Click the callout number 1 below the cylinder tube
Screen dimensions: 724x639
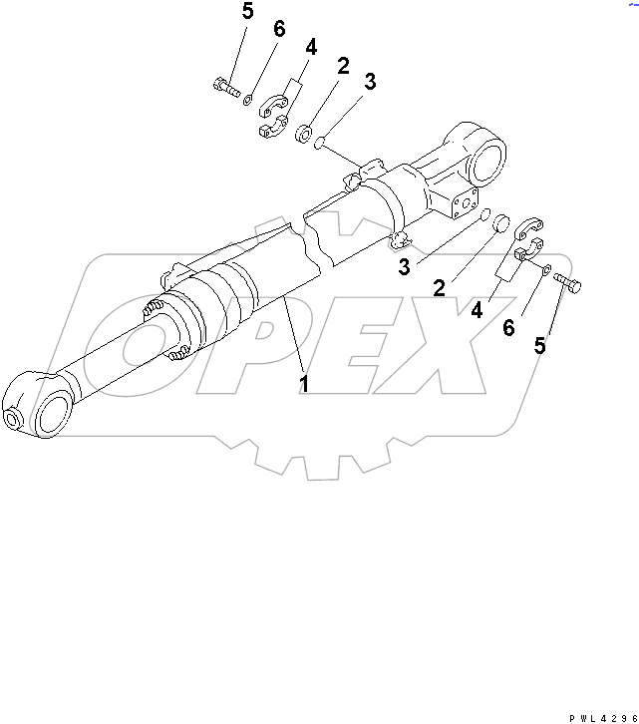pos(304,383)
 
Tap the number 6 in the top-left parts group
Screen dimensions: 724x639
pos(279,29)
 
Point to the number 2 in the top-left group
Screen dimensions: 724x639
pos(342,66)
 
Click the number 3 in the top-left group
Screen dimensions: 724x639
pos(369,82)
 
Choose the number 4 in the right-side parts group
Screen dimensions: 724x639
pos(478,309)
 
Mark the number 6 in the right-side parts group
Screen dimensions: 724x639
pos(508,327)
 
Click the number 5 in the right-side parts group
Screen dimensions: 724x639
pos(539,346)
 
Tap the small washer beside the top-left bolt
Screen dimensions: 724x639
pos(246,99)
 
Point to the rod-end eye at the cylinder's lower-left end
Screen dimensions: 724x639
pos(36,407)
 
